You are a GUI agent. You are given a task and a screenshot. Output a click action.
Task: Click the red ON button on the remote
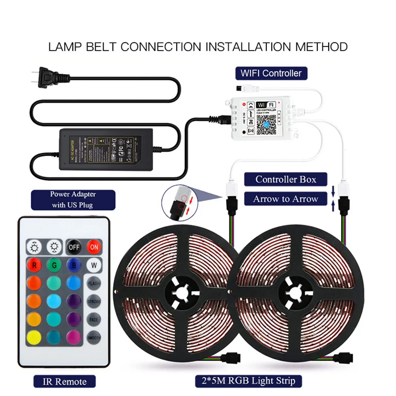[94, 247]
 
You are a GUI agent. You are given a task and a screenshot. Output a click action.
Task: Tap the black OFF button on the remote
[74, 247]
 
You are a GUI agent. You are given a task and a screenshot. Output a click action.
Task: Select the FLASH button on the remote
[94, 284]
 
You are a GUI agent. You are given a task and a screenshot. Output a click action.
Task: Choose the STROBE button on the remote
[94, 301]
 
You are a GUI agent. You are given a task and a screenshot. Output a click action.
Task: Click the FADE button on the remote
[94, 319]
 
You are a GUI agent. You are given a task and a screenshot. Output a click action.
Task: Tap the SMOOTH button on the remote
[94, 337]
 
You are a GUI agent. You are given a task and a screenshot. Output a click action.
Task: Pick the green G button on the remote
[54, 265]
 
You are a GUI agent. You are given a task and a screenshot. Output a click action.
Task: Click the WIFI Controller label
[271, 73]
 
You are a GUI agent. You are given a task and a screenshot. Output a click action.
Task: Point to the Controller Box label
[286, 179]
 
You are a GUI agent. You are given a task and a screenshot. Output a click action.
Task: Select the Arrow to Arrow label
[286, 199]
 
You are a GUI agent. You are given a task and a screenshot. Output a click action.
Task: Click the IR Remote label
[65, 382]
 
